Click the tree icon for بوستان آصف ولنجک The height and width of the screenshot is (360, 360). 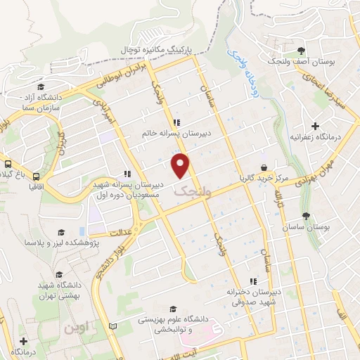click(301, 50)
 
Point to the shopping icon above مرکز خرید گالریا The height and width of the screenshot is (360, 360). click(264, 168)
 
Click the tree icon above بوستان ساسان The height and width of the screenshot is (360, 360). click(304, 216)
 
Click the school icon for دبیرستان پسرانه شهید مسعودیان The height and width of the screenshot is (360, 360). click(127, 174)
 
